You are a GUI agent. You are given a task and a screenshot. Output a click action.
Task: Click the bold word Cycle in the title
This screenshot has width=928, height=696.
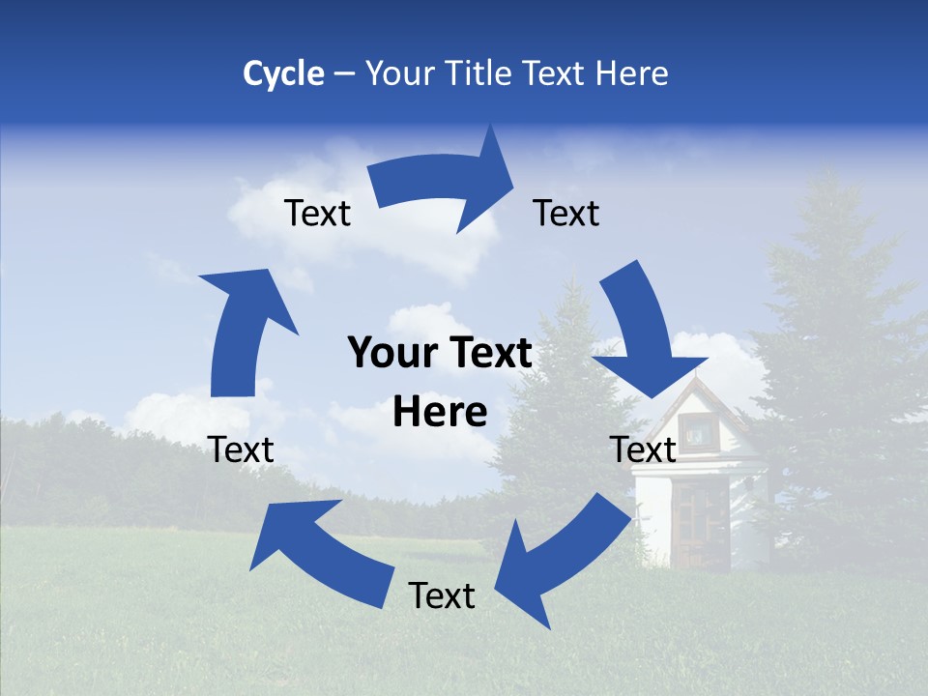(x=283, y=73)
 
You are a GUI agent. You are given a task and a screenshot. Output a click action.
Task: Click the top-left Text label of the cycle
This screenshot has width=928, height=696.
(x=317, y=213)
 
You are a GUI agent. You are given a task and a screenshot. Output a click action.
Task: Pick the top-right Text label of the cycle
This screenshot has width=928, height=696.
(x=566, y=213)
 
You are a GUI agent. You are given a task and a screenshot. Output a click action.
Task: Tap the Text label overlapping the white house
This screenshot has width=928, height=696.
(x=643, y=449)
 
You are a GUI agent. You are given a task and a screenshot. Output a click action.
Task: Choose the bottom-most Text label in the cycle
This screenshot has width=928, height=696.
(x=442, y=595)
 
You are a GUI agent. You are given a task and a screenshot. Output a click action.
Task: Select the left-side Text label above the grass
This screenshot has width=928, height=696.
(x=241, y=449)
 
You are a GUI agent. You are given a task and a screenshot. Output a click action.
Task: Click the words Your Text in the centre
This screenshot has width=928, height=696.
(x=440, y=354)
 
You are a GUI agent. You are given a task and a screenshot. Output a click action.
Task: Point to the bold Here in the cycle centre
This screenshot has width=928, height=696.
(x=440, y=413)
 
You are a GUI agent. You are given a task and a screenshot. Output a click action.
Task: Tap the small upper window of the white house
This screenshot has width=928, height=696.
(x=694, y=430)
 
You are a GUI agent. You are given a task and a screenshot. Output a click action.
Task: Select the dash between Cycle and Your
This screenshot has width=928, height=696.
(x=344, y=73)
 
